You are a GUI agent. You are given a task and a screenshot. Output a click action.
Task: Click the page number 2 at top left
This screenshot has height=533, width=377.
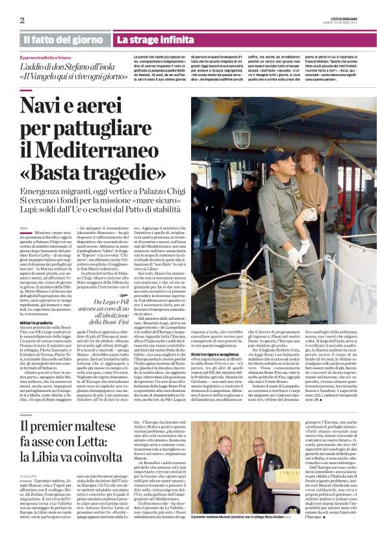[22, 20]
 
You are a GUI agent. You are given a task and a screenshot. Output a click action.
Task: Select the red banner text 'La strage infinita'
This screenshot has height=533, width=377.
[148, 40]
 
